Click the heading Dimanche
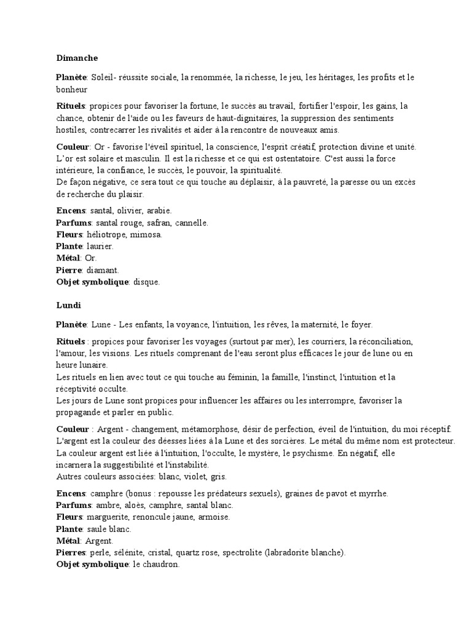click(x=77, y=58)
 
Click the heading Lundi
click(x=68, y=305)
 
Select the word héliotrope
click(x=106, y=235)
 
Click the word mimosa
click(x=146, y=235)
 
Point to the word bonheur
click(x=73, y=89)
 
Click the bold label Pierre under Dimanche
click(x=69, y=270)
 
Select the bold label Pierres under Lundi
click(x=71, y=552)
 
